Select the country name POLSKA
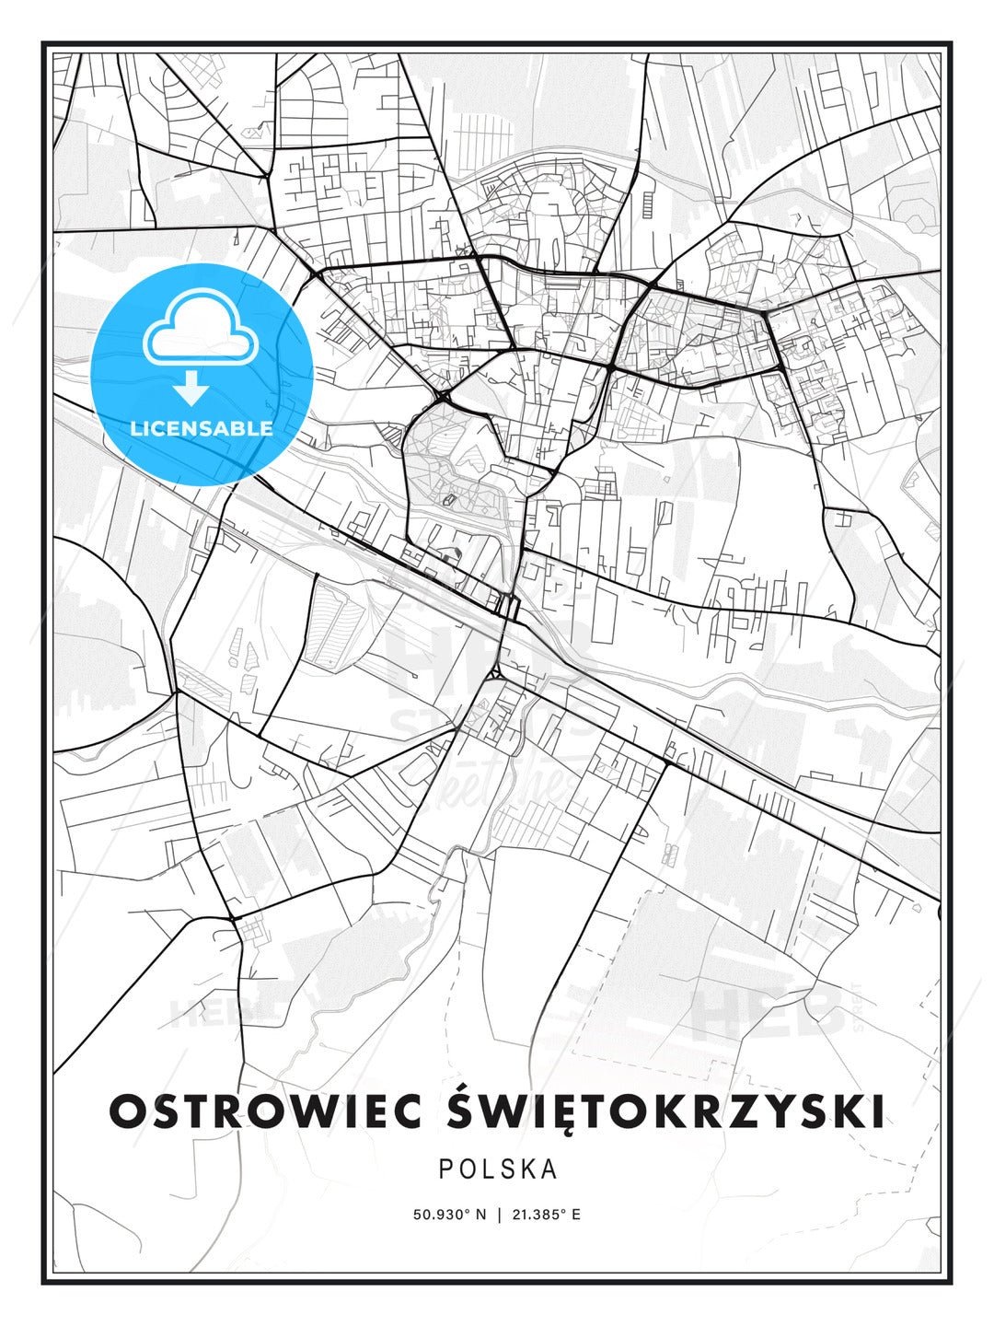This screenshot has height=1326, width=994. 498,1169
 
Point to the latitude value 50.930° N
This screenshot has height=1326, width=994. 449,1215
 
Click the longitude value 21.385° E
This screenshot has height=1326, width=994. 545,1215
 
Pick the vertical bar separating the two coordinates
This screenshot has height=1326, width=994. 498,1215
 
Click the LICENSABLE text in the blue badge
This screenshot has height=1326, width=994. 202,428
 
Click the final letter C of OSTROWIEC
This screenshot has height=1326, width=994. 405,1111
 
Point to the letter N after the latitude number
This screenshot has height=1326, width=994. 480,1215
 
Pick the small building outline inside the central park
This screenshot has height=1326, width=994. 449,500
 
